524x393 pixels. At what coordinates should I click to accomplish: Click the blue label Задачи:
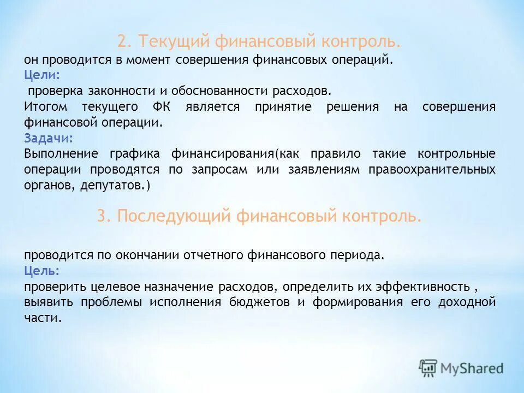pyautogui.click(x=48, y=138)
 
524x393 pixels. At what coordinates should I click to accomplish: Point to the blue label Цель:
pyautogui.click(x=42, y=270)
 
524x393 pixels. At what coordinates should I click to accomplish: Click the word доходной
pyautogui.click(x=470, y=302)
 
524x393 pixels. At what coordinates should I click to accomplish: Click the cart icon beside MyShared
pyautogui.click(x=429, y=368)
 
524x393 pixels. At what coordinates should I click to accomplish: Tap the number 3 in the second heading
pyautogui.click(x=101, y=216)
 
